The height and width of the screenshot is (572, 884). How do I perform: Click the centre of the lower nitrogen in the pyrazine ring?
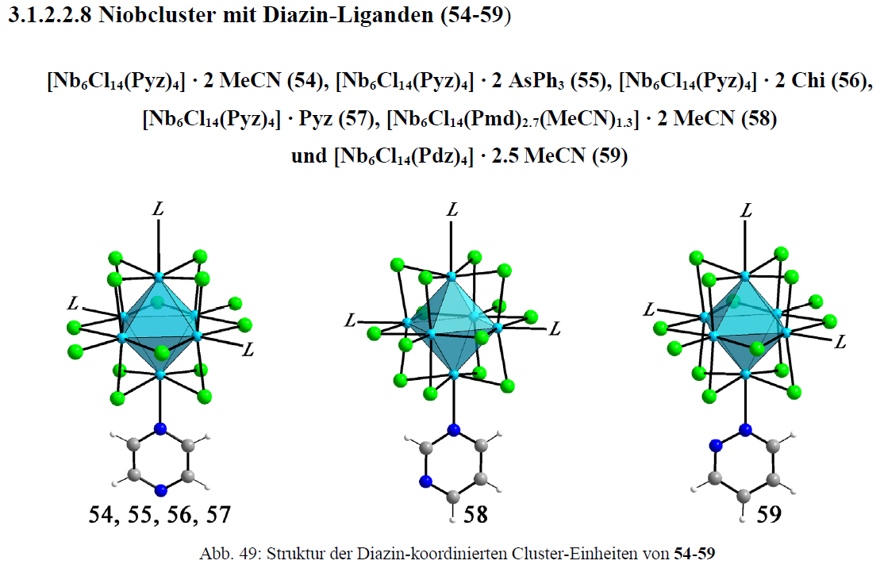pyautogui.click(x=160, y=489)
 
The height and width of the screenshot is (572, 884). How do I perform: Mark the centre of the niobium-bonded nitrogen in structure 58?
pyautogui.click(x=453, y=431)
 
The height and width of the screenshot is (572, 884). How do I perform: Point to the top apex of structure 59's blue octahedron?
pyautogui.click(x=745, y=276)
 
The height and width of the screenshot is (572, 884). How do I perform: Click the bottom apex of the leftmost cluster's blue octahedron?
pyautogui.click(x=160, y=374)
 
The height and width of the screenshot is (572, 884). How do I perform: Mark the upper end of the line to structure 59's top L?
pyautogui.click(x=746, y=221)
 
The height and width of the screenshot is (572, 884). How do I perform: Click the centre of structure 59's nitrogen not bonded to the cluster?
pyautogui.click(x=716, y=445)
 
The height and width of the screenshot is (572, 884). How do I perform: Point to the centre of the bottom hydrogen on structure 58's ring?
pyautogui.click(x=452, y=520)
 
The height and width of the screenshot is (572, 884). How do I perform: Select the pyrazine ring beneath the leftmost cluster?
pyautogui.click(x=160, y=460)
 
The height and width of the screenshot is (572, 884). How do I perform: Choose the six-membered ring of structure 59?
pyautogui.click(x=744, y=463)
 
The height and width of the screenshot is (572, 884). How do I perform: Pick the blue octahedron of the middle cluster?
pyautogui.click(x=452, y=326)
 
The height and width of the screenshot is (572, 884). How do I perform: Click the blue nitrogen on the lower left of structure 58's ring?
pyautogui.click(x=425, y=481)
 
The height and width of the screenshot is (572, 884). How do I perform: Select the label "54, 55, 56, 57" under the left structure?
pyautogui.click(x=160, y=515)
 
